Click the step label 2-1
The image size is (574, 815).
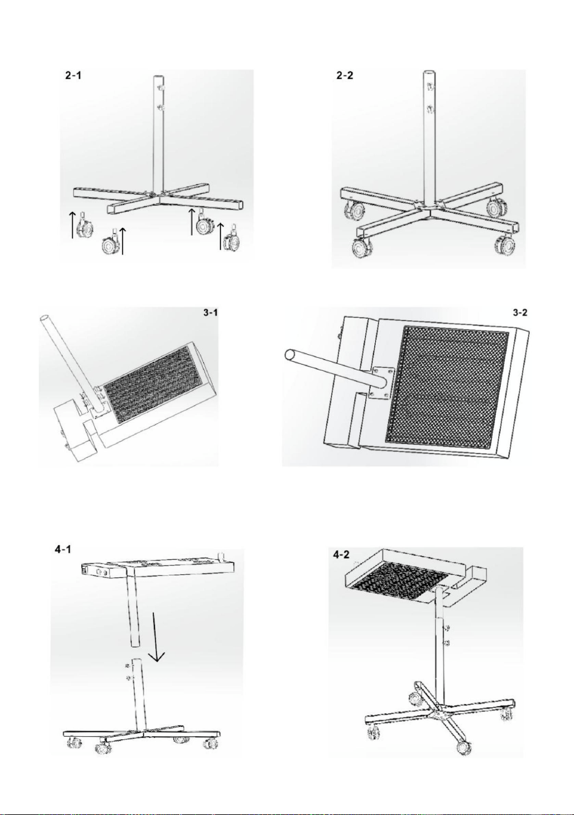(x=73, y=76)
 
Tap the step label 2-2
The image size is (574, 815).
(x=344, y=76)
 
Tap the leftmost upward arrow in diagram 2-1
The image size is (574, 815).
(x=73, y=225)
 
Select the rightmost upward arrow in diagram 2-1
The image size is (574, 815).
(x=220, y=237)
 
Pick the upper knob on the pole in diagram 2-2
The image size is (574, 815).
(x=431, y=87)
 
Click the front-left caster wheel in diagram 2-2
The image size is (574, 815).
(x=360, y=247)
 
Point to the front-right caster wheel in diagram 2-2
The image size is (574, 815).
(x=504, y=246)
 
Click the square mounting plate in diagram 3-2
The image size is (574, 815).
(x=381, y=383)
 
